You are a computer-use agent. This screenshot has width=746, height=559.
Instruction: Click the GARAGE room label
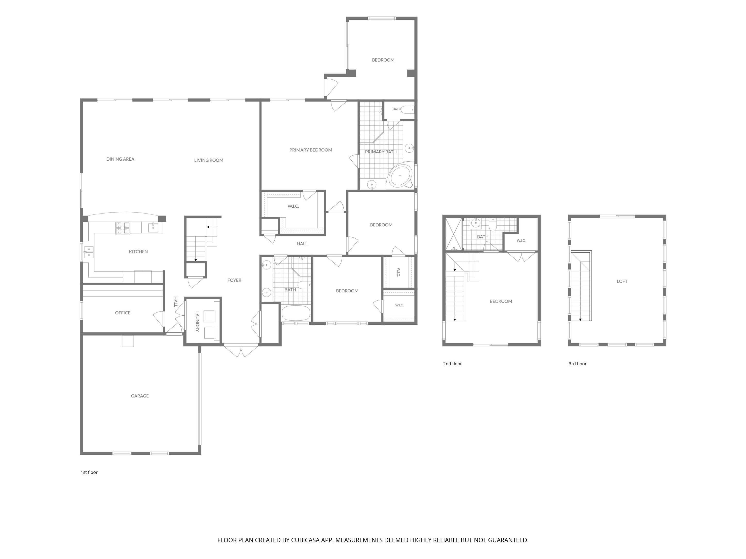(x=140, y=396)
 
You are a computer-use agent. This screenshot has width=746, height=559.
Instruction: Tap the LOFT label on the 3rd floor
(x=622, y=281)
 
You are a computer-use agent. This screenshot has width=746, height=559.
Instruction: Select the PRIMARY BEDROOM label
(x=311, y=150)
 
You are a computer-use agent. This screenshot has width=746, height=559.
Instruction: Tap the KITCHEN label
(x=138, y=252)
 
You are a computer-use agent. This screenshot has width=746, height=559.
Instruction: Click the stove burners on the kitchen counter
(x=123, y=228)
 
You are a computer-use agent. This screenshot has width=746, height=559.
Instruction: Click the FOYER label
(x=234, y=280)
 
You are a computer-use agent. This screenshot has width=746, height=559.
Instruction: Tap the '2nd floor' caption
(x=452, y=364)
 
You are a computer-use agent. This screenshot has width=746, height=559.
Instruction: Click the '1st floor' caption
(x=89, y=472)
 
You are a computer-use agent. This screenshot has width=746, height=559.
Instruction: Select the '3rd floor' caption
(x=577, y=364)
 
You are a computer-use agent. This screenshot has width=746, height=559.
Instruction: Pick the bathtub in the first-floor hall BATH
(x=296, y=313)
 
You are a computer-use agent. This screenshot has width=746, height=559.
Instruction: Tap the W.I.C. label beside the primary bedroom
(x=293, y=206)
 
